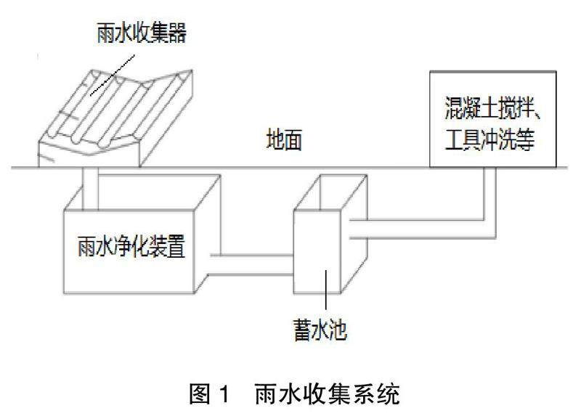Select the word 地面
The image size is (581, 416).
point(280,141)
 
